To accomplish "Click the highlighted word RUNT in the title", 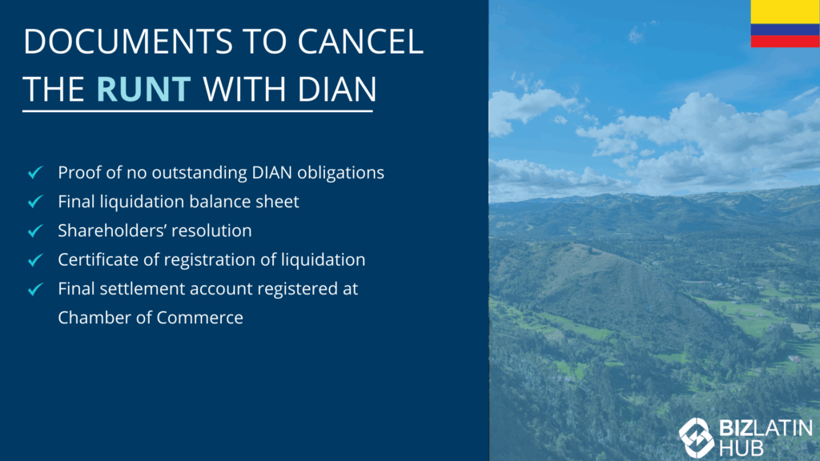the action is (x=144, y=89).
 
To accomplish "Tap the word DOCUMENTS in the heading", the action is (x=128, y=42).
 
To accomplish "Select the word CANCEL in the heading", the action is (x=360, y=42).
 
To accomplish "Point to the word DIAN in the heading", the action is (x=337, y=89).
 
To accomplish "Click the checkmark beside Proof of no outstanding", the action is (x=35, y=172).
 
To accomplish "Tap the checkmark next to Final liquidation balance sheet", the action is (x=35, y=201).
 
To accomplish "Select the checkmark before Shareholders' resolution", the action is (x=35, y=230).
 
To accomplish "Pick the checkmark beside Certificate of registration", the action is (x=35, y=260).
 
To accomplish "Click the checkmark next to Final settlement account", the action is (x=35, y=289).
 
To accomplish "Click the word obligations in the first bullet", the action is (x=340, y=173).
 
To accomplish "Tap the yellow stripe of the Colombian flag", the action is (x=785, y=12).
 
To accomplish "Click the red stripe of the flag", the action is (x=785, y=42).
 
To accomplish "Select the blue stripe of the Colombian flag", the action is (x=785, y=30).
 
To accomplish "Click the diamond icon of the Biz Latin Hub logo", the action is (x=696, y=438).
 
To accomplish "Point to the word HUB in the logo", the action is (x=741, y=448).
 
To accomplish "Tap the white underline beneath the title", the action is (x=198, y=110).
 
